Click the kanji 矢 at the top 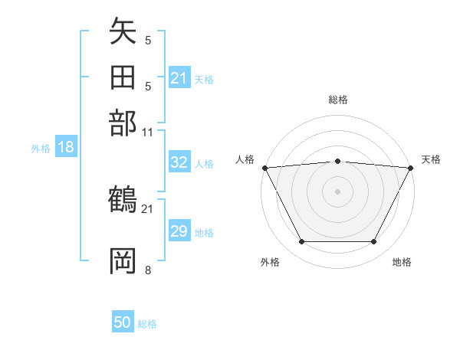tap(123, 33)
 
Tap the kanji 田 tap(123, 78)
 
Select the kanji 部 tap(123, 123)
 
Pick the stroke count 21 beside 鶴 tap(148, 208)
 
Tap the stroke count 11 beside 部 tap(148, 132)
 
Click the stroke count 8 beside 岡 tap(148, 269)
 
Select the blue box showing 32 tap(179, 163)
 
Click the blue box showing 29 tap(179, 231)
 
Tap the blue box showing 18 tap(65, 147)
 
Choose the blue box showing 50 tap(122, 322)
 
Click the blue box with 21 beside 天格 tap(179, 78)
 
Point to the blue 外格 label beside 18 tap(41, 148)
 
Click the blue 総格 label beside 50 tap(147, 324)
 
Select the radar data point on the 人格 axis tap(264, 168)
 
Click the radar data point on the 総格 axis tap(338, 161)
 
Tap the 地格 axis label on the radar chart tap(402, 262)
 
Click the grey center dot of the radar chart tap(338, 191)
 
